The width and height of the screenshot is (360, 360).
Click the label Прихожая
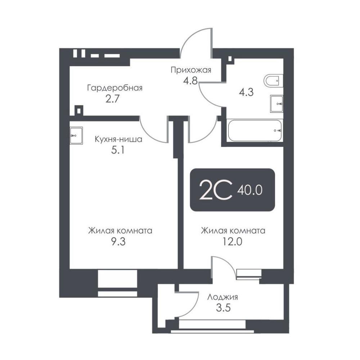coord(191,70)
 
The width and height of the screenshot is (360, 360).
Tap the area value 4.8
coord(190,81)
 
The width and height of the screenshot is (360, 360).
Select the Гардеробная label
coord(115,88)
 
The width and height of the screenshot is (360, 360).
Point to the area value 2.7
coord(112,99)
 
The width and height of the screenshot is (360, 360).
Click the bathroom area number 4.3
coord(246,92)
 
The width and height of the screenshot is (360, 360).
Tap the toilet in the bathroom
coord(274,81)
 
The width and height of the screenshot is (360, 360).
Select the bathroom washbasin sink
coord(276,104)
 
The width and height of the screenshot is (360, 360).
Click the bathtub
coord(255,131)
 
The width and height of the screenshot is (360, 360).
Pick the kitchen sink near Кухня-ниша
coord(76,136)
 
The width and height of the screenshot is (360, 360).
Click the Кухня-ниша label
coord(118,139)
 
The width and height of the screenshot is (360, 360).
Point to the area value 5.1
coord(118,150)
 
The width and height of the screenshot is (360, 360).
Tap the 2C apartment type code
coord(216,190)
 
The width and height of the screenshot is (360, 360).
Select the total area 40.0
coord(250,190)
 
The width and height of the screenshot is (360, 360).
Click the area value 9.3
coord(118,242)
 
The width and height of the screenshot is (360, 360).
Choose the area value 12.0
coord(233,242)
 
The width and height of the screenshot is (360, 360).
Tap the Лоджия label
coord(222,297)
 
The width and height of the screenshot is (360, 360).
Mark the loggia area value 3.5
coord(223,308)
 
